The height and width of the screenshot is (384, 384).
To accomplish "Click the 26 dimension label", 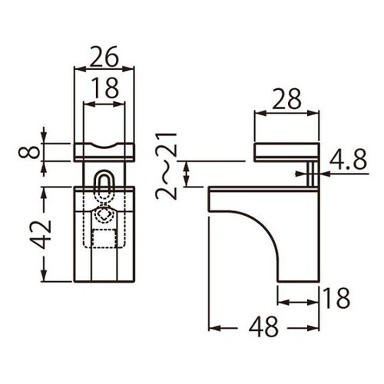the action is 104,57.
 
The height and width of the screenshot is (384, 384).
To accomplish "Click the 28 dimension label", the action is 286,99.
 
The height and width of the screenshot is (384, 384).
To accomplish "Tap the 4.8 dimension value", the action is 348,161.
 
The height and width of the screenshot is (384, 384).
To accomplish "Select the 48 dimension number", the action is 263,327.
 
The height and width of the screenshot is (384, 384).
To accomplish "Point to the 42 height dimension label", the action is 41,234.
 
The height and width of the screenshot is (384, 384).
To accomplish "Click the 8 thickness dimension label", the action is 29,153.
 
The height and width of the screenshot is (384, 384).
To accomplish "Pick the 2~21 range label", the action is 167,166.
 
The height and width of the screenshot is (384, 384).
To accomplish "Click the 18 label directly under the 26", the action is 105,88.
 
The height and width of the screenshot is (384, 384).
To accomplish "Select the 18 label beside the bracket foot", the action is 336,298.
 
